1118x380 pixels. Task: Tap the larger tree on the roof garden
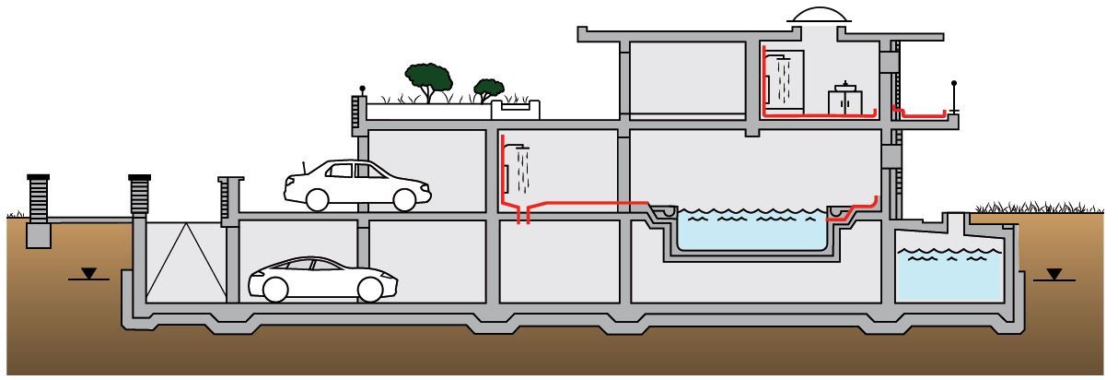click(x=430, y=79)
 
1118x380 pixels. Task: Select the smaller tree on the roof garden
click(x=488, y=89)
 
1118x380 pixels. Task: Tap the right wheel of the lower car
click(x=370, y=290)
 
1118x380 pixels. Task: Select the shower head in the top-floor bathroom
click(x=783, y=58)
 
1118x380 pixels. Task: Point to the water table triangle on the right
click(x=1054, y=274)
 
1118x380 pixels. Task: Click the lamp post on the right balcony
click(x=955, y=96)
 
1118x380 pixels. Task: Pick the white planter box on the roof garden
click(x=516, y=110)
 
